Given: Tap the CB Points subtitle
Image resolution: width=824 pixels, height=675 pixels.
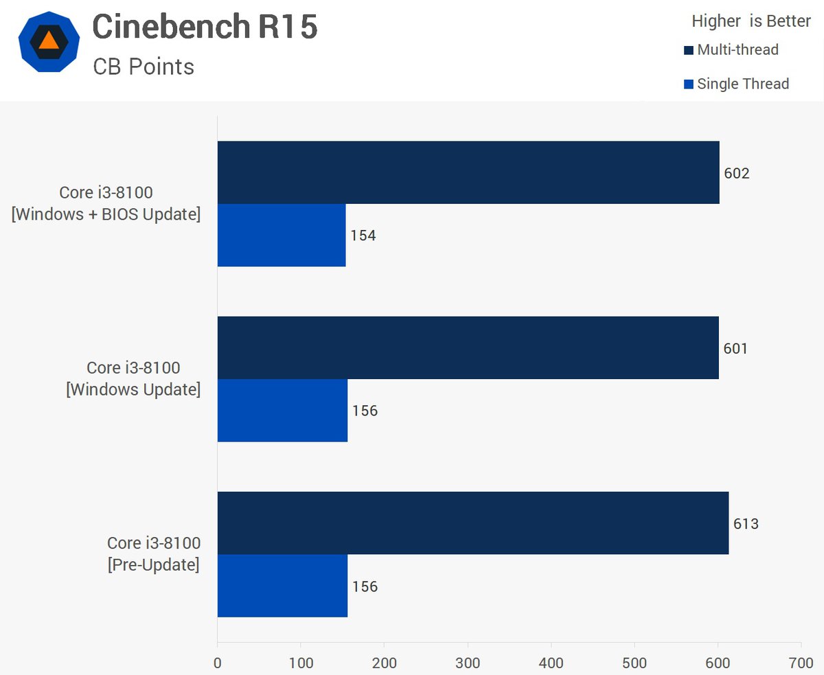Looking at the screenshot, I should click(144, 67).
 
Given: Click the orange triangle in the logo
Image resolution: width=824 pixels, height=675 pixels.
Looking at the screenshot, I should click(49, 41).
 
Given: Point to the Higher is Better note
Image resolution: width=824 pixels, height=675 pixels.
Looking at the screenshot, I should click(751, 21).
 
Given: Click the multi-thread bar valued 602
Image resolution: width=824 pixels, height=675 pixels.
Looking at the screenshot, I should click(468, 172).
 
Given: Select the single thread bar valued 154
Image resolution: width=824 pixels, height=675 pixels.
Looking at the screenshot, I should click(282, 235).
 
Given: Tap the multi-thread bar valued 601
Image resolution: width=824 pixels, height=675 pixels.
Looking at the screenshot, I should click(468, 347).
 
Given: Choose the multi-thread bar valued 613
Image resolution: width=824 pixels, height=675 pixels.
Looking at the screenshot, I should click(472, 523).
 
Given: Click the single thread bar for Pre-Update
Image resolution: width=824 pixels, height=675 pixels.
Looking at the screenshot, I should click(282, 586).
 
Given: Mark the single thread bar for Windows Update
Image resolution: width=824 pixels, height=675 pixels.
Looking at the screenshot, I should click(282, 411).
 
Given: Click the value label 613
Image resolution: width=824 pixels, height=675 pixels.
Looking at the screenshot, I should click(746, 524).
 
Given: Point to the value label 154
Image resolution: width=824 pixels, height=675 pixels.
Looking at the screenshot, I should click(363, 236).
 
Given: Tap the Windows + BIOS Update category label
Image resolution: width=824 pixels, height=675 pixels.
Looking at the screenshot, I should click(106, 204).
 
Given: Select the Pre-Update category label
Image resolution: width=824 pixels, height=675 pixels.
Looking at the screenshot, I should click(153, 554).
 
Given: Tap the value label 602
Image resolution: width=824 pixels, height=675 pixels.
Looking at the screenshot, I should click(737, 173).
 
